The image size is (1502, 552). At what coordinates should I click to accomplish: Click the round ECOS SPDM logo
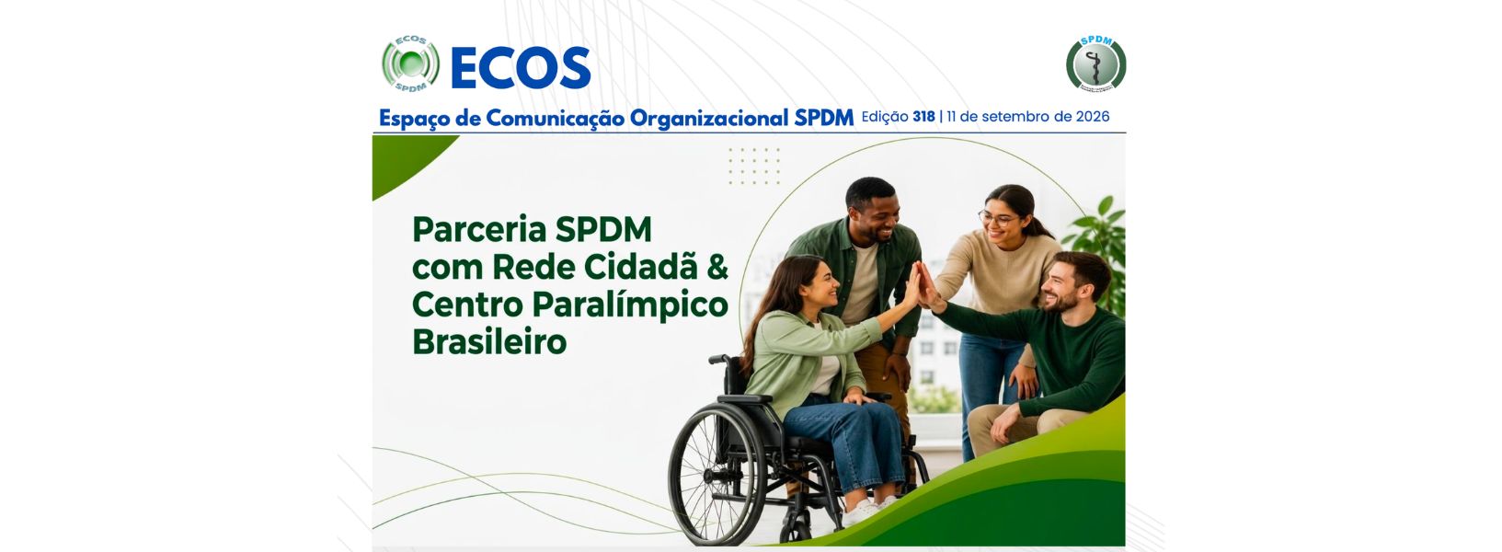410,63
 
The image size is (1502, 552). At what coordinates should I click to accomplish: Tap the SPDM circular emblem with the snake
1095,63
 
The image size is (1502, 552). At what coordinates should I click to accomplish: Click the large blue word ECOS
521,68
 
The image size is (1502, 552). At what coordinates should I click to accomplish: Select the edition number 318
923,117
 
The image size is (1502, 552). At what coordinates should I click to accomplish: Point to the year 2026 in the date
1093,117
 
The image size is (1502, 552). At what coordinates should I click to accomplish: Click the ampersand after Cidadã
717,268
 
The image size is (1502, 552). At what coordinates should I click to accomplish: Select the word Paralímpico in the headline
630,306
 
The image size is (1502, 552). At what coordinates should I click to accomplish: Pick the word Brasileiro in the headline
489,342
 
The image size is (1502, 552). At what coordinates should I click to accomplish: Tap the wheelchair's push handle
718,360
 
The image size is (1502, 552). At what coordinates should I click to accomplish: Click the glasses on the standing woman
997,218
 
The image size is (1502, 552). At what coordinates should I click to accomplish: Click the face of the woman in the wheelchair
820,285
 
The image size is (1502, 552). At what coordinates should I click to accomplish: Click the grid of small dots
754,166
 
